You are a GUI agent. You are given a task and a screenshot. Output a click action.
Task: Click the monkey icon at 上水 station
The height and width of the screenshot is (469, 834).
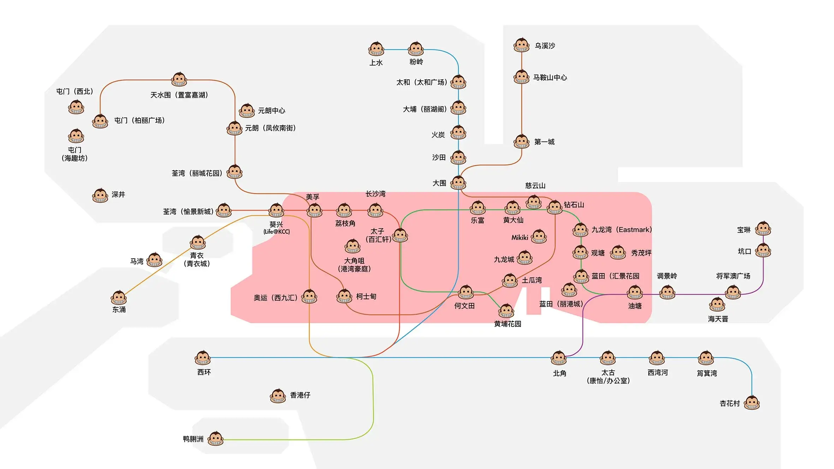coord(376,49)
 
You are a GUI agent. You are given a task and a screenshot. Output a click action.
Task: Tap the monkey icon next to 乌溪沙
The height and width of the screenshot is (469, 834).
coord(522,45)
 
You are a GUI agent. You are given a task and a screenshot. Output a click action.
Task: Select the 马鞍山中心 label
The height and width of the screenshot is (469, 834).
coord(550,78)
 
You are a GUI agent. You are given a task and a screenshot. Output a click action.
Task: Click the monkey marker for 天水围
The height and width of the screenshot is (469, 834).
coord(179,79)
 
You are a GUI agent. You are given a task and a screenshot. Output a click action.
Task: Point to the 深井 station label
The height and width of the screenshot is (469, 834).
coord(118,194)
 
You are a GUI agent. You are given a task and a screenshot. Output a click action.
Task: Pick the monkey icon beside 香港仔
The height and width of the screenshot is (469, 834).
coord(278,396)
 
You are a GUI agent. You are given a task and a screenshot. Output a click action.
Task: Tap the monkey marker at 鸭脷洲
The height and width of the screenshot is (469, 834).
coord(215,439)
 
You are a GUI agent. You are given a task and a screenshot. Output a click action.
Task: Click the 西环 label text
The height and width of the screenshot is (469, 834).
coord(204,372)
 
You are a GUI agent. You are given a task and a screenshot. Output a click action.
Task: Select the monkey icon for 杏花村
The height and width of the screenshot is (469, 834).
coord(752,403)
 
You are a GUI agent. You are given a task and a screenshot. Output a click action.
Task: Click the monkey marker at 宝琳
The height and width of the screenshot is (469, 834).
coord(763,229)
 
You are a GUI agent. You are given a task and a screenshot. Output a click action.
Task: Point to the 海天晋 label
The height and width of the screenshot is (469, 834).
coord(718,319)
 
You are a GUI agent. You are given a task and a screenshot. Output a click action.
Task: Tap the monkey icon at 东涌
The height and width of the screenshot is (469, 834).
coord(119,298)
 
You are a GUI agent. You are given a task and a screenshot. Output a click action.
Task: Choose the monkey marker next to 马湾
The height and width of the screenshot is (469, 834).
coord(155,260)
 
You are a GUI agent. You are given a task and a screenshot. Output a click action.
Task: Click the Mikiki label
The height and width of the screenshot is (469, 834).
coord(520,237)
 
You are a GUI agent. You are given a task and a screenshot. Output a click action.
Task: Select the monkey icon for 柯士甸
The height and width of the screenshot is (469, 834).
coord(344,296)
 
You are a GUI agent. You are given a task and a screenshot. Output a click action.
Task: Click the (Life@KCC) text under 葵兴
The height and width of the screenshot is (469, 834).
coord(276,232)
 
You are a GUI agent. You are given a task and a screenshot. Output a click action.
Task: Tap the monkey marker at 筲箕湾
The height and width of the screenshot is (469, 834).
coord(706,358)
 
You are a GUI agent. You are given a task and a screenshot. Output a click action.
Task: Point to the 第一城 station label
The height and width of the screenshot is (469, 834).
coord(544,142)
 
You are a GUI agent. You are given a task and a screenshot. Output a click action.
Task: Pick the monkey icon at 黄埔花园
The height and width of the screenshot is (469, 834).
coord(506,311)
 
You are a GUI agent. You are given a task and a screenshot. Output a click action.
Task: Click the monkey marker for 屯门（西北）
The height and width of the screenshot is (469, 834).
coord(76,107)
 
